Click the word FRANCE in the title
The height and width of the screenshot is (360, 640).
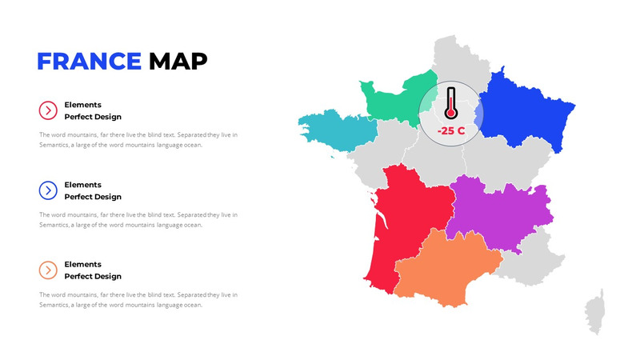pyautogui.click(x=89, y=61)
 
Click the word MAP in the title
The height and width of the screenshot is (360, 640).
pyautogui.click(x=178, y=61)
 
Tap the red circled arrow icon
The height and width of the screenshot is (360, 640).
pyautogui.click(x=48, y=110)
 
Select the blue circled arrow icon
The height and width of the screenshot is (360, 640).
pyautogui.click(x=48, y=190)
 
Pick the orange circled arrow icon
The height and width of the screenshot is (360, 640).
pyautogui.click(x=48, y=270)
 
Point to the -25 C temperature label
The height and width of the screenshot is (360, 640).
pyautogui.click(x=451, y=130)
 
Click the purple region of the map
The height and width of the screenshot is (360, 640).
pyautogui.click(x=496, y=212)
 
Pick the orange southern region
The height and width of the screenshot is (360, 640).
pyautogui.click(x=444, y=268)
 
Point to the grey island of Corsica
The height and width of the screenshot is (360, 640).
pyautogui.click(x=595, y=312)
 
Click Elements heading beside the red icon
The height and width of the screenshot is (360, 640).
pyautogui.click(x=82, y=105)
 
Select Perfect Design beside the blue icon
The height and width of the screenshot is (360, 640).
pyautogui.click(x=93, y=197)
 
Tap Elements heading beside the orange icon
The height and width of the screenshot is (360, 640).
pyautogui.click(x=82, y=264)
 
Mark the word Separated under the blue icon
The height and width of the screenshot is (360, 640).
pyautogui.click(x=192, y=214)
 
